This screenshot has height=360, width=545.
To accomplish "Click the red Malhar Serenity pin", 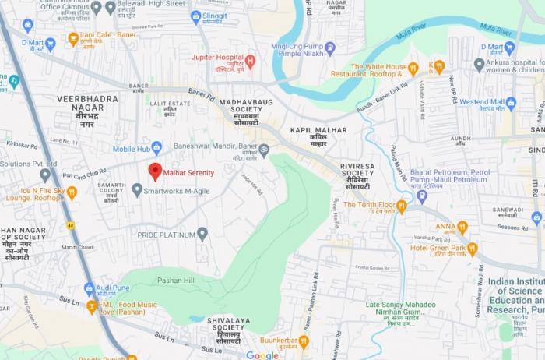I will (x=155, y=171).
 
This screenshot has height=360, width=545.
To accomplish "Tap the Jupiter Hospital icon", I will (x=250, y=60).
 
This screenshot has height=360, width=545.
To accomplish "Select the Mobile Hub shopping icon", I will (x=156, y=147).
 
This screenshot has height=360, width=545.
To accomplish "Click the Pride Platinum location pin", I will (x=202, y=233).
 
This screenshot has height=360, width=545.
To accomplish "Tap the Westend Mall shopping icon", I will (x=511, y=102).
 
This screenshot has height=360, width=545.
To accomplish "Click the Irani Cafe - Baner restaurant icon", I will (x=73, y=37).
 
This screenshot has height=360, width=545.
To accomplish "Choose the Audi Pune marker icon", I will (x=90, y=288).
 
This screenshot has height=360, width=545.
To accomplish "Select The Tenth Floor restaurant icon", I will (x=402, y=206).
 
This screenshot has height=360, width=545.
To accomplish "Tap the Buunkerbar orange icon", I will (x=304, y=341).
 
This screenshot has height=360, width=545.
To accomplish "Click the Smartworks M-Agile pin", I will (x=137, y=189).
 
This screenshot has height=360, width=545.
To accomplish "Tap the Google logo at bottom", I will (x=262, y=355).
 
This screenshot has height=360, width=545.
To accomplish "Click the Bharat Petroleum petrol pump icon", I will (x=422, y=196).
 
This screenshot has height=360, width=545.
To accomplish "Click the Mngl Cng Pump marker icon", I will (x=329, y=48).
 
